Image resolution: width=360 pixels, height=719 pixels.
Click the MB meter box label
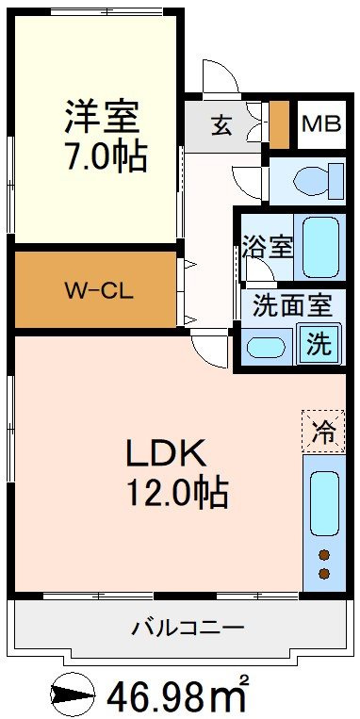coord(321,123)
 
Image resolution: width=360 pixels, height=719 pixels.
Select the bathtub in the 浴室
coord(320,247)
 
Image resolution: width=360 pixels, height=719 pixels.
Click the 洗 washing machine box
coord(319,344)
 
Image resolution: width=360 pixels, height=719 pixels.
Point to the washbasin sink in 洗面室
coord(266,347)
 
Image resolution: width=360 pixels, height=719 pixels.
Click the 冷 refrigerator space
coord(323,432)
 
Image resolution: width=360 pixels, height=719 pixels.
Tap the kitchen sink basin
coord(324,503)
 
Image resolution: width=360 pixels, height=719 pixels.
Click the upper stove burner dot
coord(324,555)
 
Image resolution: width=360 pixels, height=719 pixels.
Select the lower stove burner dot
coord(324,573)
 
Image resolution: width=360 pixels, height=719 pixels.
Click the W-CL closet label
coord(100,291)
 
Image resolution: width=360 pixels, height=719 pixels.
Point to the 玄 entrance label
coord(221,125)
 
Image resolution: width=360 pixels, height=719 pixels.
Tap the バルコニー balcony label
coord(188,628)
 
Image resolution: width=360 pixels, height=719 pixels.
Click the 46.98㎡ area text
coord(178,695)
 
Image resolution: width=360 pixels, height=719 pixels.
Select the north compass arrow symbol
coord(72,695)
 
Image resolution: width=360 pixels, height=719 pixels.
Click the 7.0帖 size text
coord(106,156)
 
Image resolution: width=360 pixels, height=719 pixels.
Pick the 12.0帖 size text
coord(177,492)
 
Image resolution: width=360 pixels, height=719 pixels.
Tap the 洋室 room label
coord(102,116)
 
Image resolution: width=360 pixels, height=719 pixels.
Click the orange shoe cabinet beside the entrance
coord(279,124)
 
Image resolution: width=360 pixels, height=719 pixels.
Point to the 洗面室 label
coord(292,307)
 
